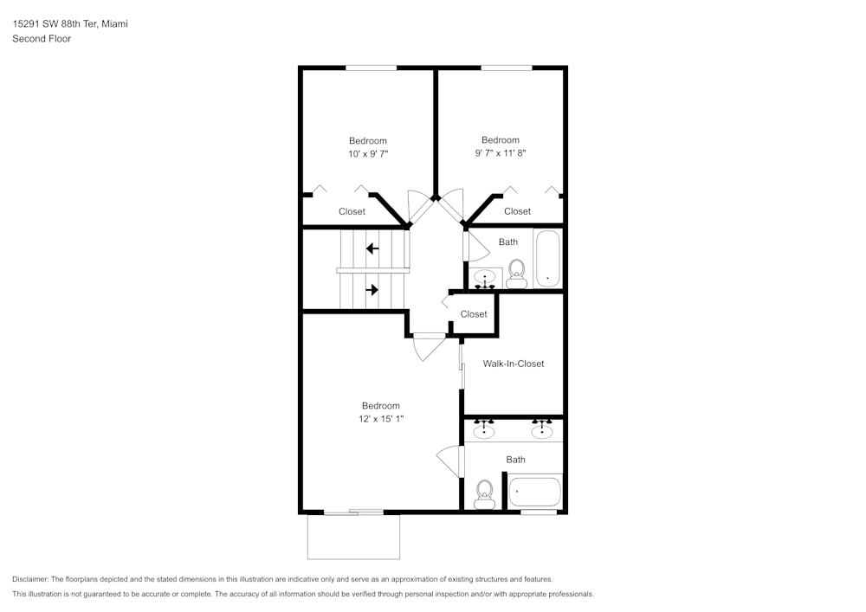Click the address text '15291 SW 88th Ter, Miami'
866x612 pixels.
tap(70, 23)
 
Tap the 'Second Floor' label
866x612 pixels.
tap(42, 39)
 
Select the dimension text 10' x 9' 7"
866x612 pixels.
tap(368, 154)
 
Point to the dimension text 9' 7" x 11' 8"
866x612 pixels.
tap(501, 153)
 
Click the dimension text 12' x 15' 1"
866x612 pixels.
tap(381, 419)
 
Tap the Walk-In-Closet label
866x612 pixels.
tap(514, 364)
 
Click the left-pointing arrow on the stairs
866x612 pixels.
tap(372, 249)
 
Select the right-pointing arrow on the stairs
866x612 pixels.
tap(372, 289)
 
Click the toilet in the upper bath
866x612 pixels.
tap(517, 274)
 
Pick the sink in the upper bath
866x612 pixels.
tap(485, 279)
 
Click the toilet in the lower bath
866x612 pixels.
tap(484, 494)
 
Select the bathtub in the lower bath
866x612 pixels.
tap(534, 492)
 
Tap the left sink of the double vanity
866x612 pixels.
tap(484, 430)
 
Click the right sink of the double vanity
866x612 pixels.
tap(542, 430)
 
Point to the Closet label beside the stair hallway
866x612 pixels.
tap(474, 314)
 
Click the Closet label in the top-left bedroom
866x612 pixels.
tap(352, 211)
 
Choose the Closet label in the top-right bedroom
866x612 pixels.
tap(518, 211)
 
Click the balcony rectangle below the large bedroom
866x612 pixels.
tap(353, 537)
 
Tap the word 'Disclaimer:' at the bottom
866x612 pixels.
tap(30, 579)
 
